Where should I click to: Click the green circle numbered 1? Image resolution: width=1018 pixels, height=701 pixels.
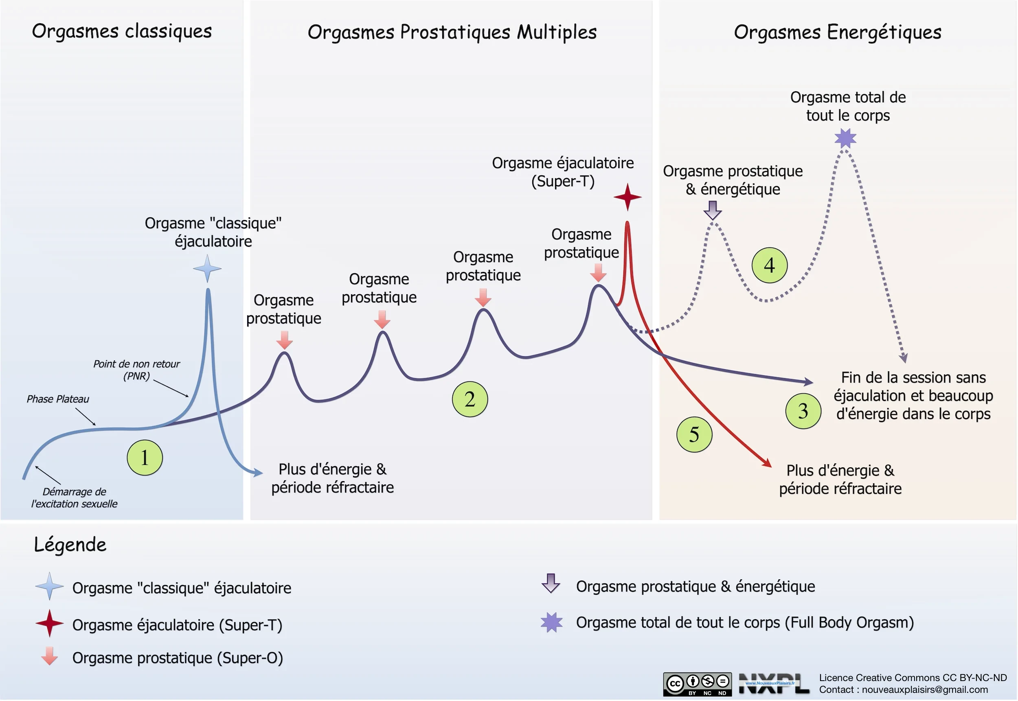click(145, 457)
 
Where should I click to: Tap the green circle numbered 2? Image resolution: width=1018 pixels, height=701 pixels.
click(470, 399)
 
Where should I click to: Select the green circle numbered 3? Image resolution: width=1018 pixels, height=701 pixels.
click(803, 411)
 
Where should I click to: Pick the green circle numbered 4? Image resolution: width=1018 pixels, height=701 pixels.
click(769, 265)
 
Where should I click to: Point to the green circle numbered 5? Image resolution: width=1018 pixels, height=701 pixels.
click(694, 434)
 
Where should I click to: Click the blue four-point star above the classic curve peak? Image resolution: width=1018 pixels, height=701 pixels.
click(207, 268)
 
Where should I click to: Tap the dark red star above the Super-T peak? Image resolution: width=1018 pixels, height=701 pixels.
click(627, 197)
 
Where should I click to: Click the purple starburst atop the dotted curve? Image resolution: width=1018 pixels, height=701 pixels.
click(845, 138)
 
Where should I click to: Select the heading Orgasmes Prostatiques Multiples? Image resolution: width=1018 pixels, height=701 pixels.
click(452, 32)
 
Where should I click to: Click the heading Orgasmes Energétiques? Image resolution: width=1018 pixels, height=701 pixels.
click(838, 32)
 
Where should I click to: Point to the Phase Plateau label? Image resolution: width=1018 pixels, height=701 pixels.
click(57, 399)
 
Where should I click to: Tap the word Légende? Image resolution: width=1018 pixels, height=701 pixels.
click(70, 544)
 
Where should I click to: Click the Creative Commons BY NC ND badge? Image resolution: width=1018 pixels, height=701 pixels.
click(697, 684)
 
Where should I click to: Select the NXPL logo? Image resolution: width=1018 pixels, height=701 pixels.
click(773, 683)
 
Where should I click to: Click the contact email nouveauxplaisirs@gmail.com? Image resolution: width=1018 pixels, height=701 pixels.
click(924, 690)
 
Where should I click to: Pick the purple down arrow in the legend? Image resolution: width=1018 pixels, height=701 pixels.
click(551, 583)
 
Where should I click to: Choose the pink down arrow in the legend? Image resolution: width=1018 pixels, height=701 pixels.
click(49, 655)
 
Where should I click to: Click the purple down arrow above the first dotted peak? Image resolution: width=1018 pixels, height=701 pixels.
click(712, 210)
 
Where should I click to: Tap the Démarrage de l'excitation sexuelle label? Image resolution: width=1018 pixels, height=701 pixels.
click(74, 497)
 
